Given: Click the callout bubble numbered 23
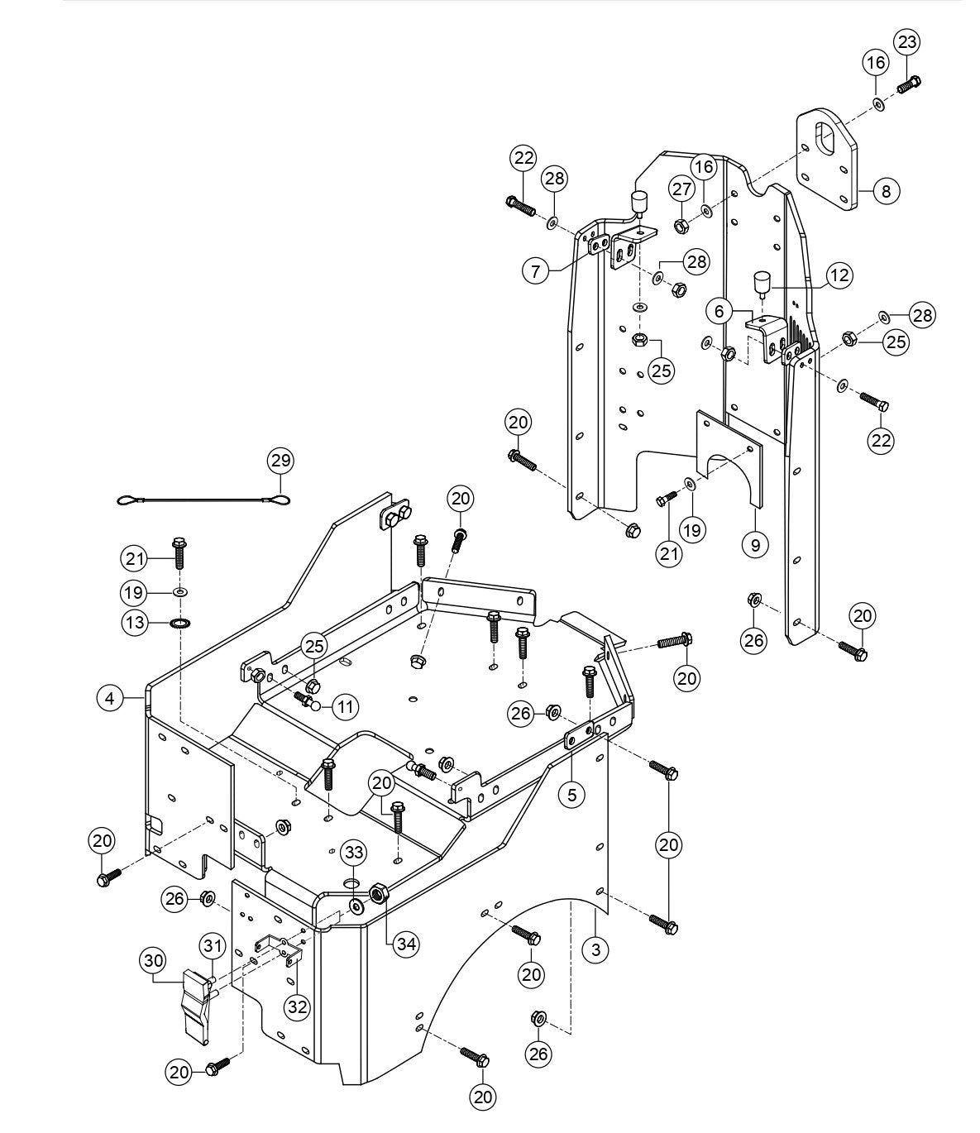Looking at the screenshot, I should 907,41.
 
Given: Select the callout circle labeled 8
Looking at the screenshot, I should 885,191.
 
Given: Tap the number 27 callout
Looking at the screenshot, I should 681,189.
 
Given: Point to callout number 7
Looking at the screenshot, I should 537,270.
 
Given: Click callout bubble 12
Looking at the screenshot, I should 839,275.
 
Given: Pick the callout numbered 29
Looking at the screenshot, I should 280,460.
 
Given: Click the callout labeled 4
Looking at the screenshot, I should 109,698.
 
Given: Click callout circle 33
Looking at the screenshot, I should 354,852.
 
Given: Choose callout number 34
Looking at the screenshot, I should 404,944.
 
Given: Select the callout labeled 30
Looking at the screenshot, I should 153,959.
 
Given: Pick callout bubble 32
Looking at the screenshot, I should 296,1006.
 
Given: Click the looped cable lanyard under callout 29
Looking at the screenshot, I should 202,500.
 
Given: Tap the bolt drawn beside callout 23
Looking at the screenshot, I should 909,84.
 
